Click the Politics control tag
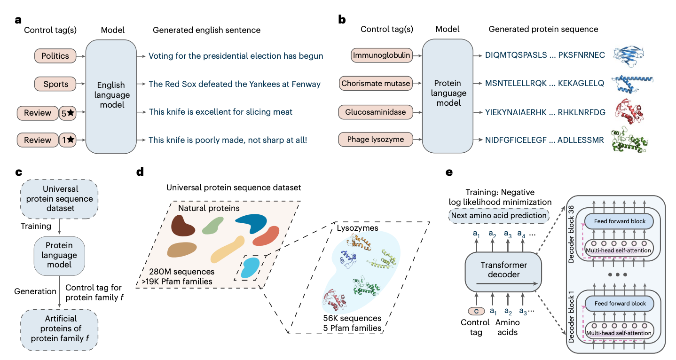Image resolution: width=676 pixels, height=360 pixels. pos(55,56)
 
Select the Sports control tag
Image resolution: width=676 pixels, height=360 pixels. pos(55,84)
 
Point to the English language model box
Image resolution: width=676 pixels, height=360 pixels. pos(111,96)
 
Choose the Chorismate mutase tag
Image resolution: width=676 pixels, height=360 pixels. pos(376,84)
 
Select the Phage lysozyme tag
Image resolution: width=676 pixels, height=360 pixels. pos(376,140)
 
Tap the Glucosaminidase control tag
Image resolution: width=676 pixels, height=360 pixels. pos(376,112)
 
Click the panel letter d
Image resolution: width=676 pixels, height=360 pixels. pos(140,172)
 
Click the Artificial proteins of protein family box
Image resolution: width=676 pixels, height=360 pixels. pos(59,328)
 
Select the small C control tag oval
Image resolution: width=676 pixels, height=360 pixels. pos(476,311)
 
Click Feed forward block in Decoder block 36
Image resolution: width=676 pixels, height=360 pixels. pos(620,221)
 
